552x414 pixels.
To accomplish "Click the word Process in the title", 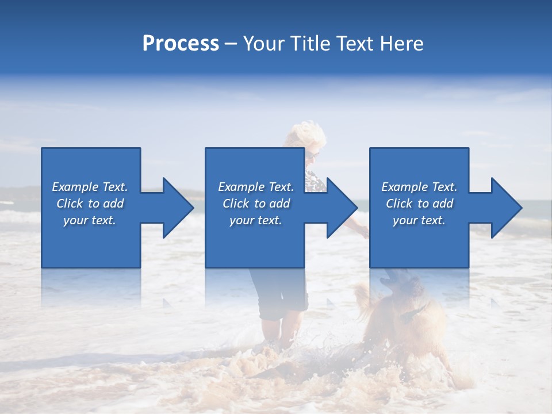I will [181, 44].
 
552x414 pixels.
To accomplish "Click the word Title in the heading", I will [309, 44].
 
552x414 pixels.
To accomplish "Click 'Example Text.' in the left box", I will [90, 187].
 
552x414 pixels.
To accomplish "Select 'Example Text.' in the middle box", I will [256, 187].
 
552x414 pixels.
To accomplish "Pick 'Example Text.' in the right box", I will [419, 187].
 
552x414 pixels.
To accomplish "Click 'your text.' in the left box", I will [90, 220].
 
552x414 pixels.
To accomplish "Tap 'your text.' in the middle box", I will [256, 220].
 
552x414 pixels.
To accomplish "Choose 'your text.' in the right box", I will [419, 220].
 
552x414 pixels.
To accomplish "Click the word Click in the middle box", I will [235, 204].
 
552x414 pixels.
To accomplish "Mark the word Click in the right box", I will [398, 204].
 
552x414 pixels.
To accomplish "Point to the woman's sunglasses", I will [312, 154].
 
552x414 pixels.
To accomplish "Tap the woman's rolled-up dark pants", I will [281, 299].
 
